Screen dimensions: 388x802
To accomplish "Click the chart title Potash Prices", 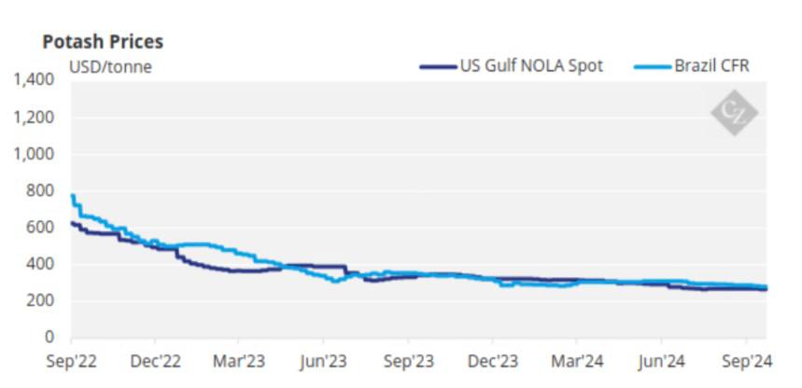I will click(x=103, y=42).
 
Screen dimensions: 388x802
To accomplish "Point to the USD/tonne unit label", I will click(x=110, y=66).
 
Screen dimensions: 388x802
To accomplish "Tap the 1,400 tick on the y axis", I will click(x=35, y=81).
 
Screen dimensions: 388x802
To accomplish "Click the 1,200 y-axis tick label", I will click(x=35, y=118).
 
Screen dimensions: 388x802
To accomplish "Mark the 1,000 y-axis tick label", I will click(x=35, y=154).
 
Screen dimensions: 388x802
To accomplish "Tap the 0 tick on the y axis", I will click(x=52, y=337).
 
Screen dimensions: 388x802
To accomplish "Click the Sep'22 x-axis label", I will click(x=72, y=360).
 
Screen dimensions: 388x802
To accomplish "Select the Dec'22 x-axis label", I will click(x=156, y=360).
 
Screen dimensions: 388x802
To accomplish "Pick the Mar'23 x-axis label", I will click(x=240, y=360).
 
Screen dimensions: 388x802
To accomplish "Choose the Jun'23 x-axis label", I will click(x=323, y=360).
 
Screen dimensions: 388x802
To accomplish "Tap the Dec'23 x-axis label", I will click(x=493, y=360).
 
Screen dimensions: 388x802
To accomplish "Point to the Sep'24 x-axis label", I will click(x=746, y=360).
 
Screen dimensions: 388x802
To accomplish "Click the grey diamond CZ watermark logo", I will click(x=734, y=113).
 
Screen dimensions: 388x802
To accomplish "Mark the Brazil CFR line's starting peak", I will click(x=73, y=195).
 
